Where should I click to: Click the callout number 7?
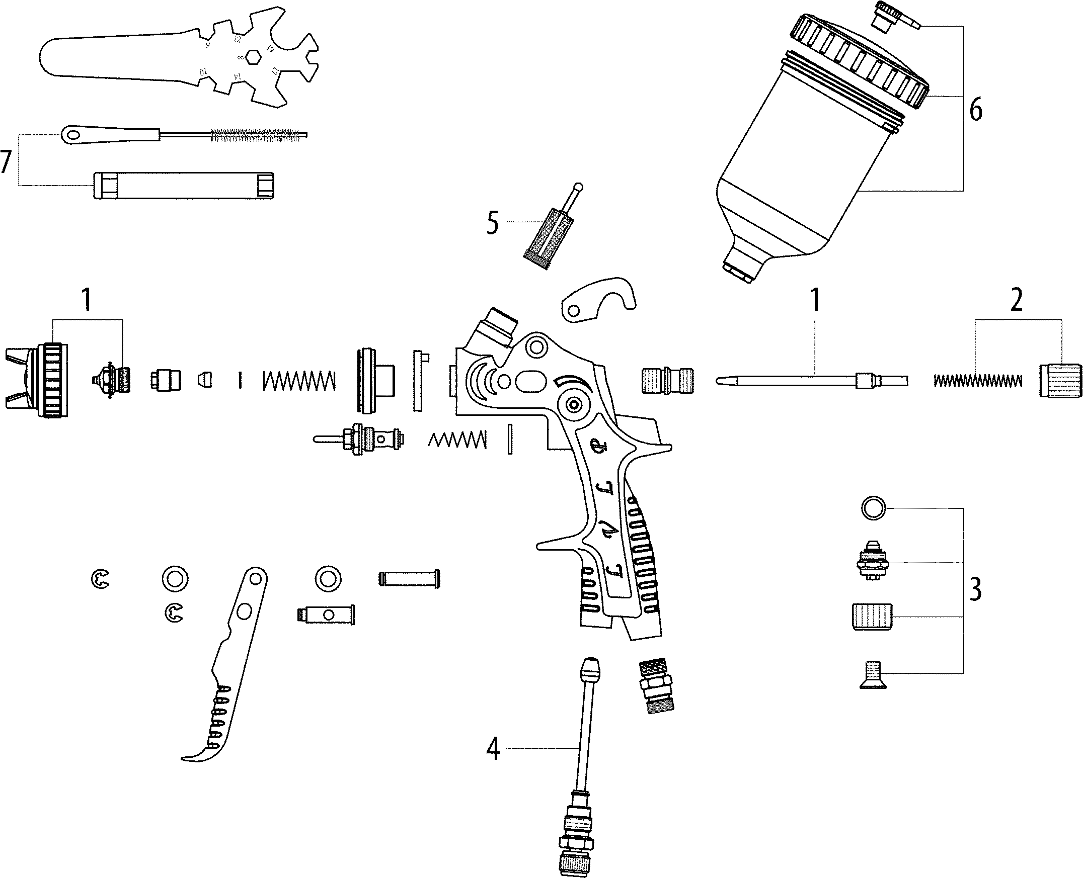[6, 161]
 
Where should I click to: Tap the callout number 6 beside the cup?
[976, 110]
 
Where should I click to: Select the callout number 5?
[492, 223]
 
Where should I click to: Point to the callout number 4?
[492, 749]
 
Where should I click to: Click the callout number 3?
[975, 589]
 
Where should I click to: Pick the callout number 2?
[1017, 301]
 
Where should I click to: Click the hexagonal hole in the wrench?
[253, 57]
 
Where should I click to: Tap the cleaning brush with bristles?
[258, 134]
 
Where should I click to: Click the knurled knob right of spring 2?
[1060, 380]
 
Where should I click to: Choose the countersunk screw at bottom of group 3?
[875, 675]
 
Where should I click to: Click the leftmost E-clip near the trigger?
[101, 579]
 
